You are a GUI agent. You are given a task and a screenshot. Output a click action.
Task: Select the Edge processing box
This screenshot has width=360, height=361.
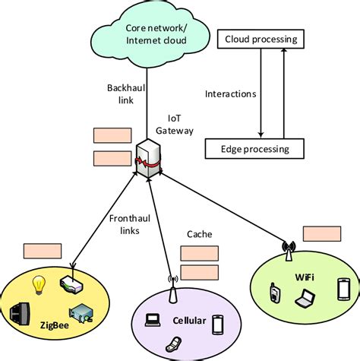click(254, 149)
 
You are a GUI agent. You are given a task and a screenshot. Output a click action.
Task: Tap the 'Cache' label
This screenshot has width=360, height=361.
click(199, 235)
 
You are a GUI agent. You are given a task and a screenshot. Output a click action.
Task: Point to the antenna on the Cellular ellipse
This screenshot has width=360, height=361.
click(170, 293)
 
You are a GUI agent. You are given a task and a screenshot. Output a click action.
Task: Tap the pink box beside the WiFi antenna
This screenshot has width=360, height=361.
click(322, 233)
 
